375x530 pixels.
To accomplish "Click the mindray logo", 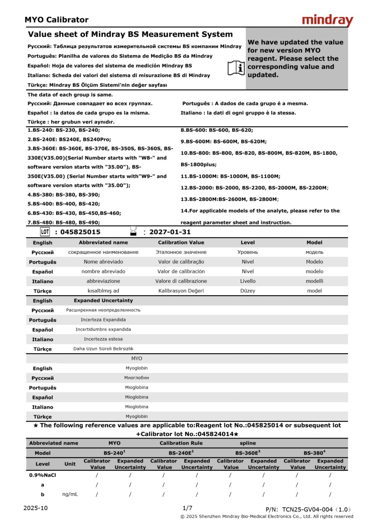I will [327, 20].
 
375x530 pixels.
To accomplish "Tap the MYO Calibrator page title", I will [56, 20].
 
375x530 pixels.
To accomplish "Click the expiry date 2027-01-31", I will [170, 232].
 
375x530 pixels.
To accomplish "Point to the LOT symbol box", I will [45, 232].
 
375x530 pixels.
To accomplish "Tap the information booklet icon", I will [236, 67].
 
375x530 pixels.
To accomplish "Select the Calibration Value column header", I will [181, 243].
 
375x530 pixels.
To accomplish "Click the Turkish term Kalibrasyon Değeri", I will [181, 291].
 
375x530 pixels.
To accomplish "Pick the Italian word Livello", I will [248, 281].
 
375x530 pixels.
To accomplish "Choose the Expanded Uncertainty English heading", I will [103, 301].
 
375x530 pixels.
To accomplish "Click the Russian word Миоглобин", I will [136, 378].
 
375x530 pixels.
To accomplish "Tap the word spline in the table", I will [248, 443].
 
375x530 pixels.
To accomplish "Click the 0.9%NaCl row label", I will [42, 475].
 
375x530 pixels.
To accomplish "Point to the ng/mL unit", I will [70, 494].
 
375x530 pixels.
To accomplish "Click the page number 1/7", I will [187, 508].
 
